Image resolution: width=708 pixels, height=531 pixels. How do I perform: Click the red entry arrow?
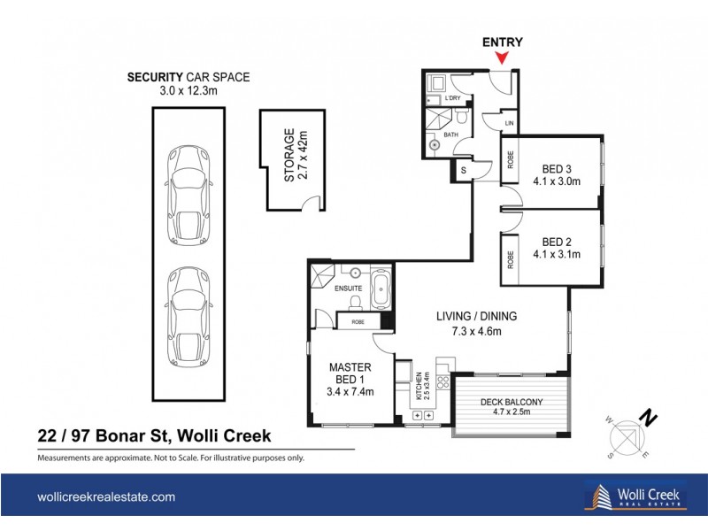click(x=502, y=59)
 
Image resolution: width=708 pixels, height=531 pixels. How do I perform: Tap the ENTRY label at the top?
click(x=502, y=42)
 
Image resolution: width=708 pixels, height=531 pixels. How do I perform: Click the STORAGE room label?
click(x=295, y=157)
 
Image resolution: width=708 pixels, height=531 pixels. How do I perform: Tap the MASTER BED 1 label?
click(x=350, y=379)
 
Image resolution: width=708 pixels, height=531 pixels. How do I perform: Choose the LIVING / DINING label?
click(x=476, y=324)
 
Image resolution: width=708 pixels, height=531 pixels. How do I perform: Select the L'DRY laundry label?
click(x=453, y=98)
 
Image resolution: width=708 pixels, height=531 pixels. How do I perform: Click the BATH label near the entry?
click(x=450, y=135)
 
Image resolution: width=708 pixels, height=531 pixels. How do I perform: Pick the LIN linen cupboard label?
click(x=508, y=122)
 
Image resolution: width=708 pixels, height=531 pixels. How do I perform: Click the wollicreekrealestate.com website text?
click(x=106, y=497)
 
